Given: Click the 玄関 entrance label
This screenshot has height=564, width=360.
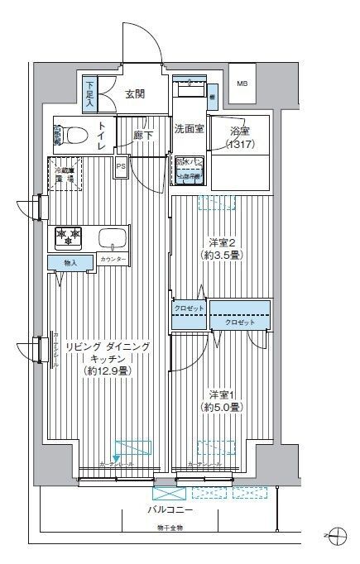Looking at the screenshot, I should (136, 94).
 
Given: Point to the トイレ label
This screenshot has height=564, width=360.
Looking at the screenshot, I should (101, 134).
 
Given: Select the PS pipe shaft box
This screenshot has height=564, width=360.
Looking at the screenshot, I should (121, 165).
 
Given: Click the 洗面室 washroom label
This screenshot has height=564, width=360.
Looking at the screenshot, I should (189, 128).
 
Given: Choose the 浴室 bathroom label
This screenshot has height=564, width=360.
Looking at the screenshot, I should (240, 131).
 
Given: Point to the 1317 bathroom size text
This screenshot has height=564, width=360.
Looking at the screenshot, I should (240, 145).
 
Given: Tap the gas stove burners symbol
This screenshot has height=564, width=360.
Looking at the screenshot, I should (69, 237).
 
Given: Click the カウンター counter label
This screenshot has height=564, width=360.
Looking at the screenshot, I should (113, 260).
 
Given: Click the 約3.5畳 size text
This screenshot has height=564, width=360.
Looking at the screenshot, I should (222, 256).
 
